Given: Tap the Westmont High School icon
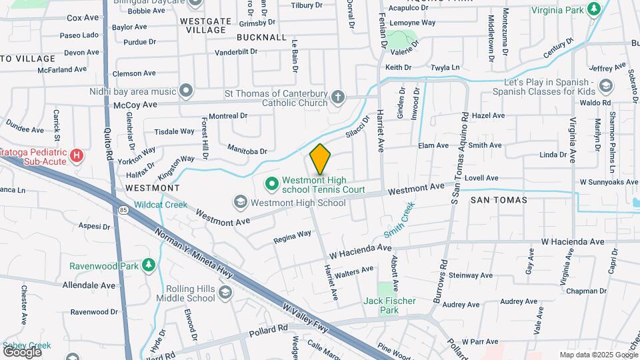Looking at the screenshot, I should [241, 201].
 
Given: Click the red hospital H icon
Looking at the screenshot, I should [77, 157].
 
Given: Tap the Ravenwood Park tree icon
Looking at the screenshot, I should [149, 266].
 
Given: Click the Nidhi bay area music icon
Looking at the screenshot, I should [186, 90].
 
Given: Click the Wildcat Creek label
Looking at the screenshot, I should [160, 205].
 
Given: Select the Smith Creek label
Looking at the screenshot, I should [399, 221].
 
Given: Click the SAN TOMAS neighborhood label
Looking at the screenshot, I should [499, 199].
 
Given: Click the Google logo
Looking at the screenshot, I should [22, 352].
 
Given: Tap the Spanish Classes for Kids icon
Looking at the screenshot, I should [605, 85].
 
